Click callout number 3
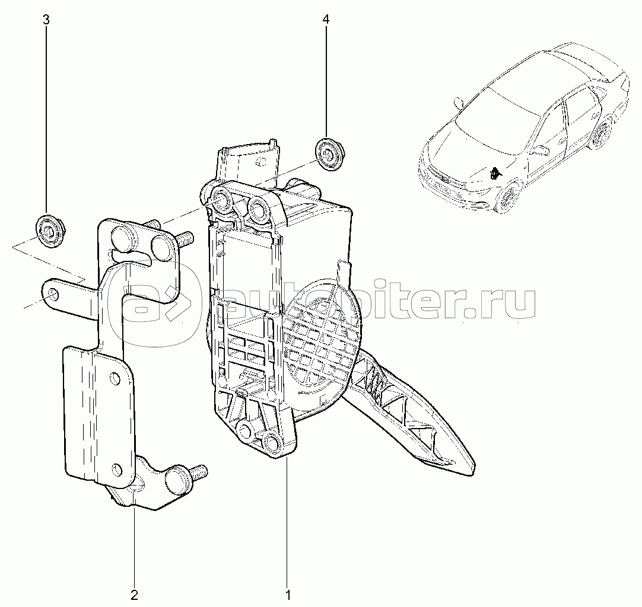[x=46, y=20]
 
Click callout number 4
[x=326, y=20]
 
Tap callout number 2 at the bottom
[x=134, y=595]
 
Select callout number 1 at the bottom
[x=287, y=595]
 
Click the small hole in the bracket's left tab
[x=52, y=295]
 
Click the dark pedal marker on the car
[x=494, y=174]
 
